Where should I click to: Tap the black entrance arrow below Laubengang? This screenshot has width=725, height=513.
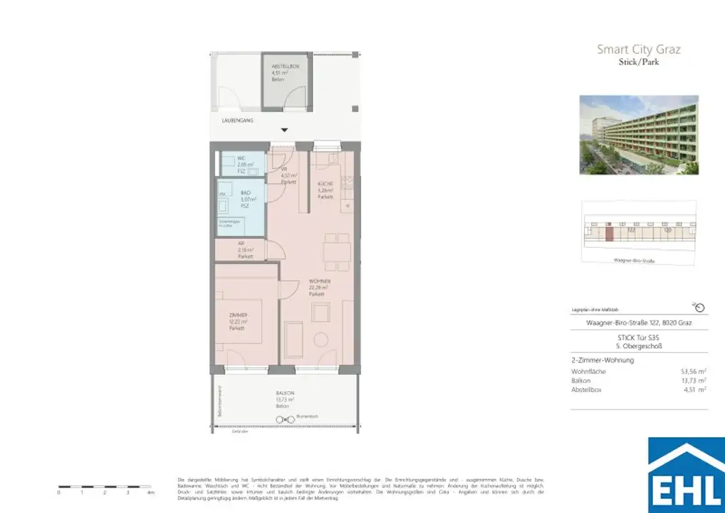(285, 130)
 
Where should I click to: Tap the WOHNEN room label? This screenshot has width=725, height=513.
(320, 283)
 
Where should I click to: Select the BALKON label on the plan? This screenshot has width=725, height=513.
(286, 393)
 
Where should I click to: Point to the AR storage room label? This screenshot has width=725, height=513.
(242, 244)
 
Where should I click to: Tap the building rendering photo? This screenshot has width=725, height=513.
(639, 134)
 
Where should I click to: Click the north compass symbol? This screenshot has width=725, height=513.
(699, 307)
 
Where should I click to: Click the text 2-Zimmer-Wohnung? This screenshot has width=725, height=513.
(602, 360)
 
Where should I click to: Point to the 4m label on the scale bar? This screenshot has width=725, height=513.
(150, 492)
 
